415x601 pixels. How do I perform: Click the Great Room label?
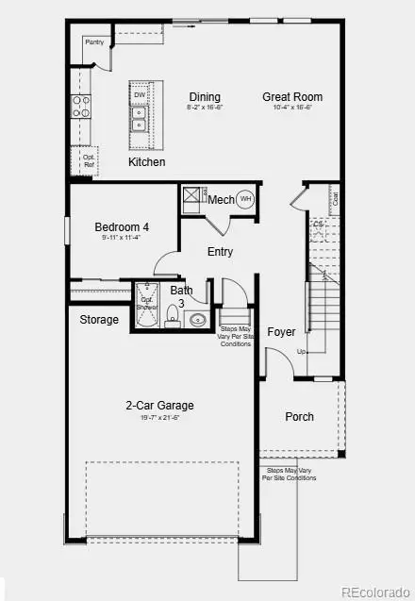[292, 96]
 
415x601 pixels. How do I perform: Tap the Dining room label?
[205, 96]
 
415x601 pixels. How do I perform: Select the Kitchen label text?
[147, 162]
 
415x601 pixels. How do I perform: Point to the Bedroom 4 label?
[122, 227]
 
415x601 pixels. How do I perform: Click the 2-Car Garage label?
[160, 406]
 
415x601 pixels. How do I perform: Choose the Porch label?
[300, 417]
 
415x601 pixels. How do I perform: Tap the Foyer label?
[281, 332]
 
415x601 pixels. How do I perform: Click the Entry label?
[220, 252]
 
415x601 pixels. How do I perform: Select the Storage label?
[99, 320]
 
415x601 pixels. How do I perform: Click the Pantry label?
[94, 42]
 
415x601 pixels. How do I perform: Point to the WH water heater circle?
[245, 199]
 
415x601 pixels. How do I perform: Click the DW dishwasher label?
[140, 95]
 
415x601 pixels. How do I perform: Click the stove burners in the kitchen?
[80, 106]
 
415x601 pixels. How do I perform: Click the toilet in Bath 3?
[173, 314]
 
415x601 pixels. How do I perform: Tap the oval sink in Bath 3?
[198, 320]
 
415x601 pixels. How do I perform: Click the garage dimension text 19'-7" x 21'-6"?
[160, 418]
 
